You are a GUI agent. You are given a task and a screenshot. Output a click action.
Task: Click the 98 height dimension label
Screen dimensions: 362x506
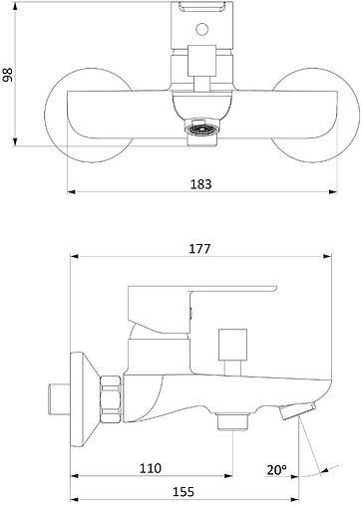point(7,75)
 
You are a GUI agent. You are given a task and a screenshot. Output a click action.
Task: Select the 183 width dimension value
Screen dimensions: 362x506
point(200,184)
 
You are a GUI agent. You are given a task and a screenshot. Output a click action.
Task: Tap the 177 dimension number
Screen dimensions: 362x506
point(199,248)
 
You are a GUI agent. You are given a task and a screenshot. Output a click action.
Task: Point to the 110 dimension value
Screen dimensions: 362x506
point(151,468)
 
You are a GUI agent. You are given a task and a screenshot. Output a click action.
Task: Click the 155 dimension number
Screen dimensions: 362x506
point(183,492)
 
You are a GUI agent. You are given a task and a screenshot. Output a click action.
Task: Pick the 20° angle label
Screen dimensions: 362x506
point(276,469)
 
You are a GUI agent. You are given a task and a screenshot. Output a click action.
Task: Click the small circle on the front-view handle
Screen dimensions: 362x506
point(202,29)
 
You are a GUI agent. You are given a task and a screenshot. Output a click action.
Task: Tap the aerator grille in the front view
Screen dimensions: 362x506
point(202,128)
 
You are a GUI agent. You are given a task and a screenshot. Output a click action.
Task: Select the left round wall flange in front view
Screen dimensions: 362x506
point(89,116)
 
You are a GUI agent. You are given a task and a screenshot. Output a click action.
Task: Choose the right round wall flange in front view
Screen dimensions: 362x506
point(315,116)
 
